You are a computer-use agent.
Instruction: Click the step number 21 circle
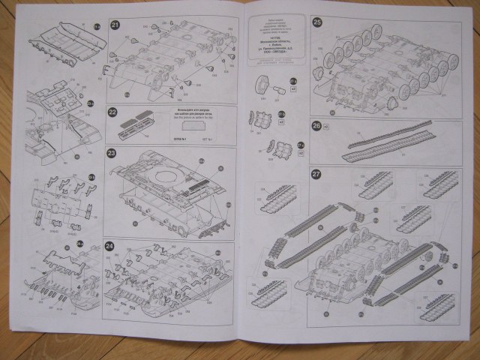click(115, 24)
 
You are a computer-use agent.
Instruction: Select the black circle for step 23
click(112, 154)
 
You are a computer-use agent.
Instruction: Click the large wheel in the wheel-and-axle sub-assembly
click(263, 82)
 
